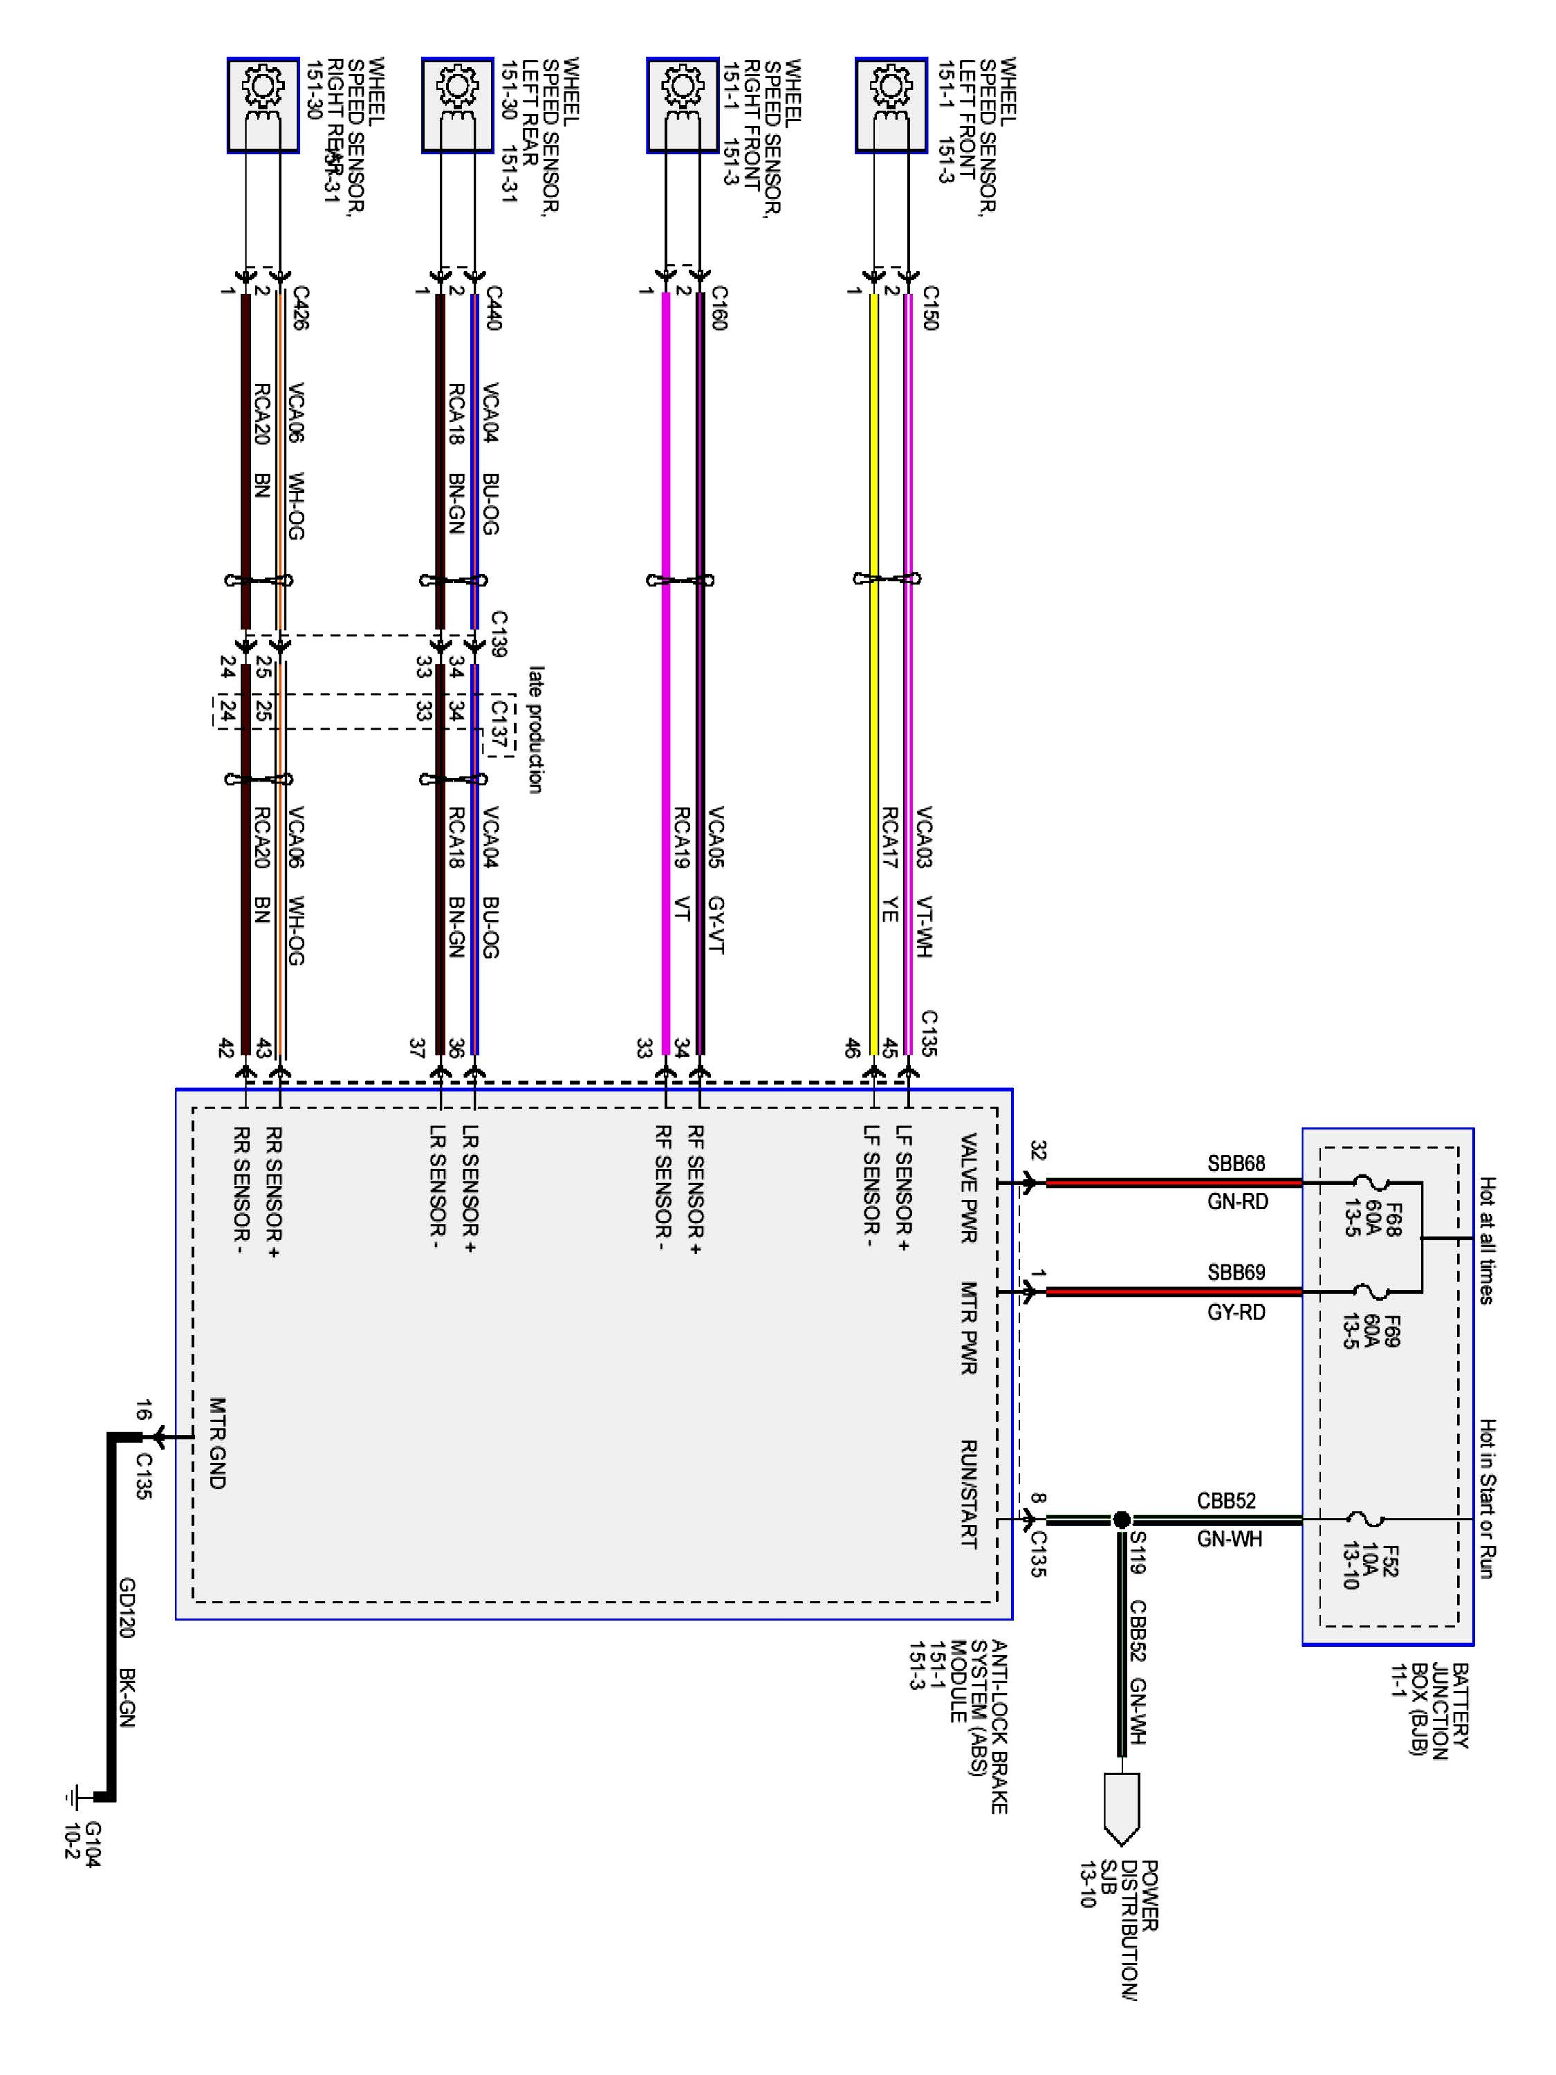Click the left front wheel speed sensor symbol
891,105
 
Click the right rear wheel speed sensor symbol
263,105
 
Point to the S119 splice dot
1121,1520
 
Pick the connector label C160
719,308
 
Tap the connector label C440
493,308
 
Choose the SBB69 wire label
1237,1273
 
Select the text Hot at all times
1487,1240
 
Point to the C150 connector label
929,308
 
